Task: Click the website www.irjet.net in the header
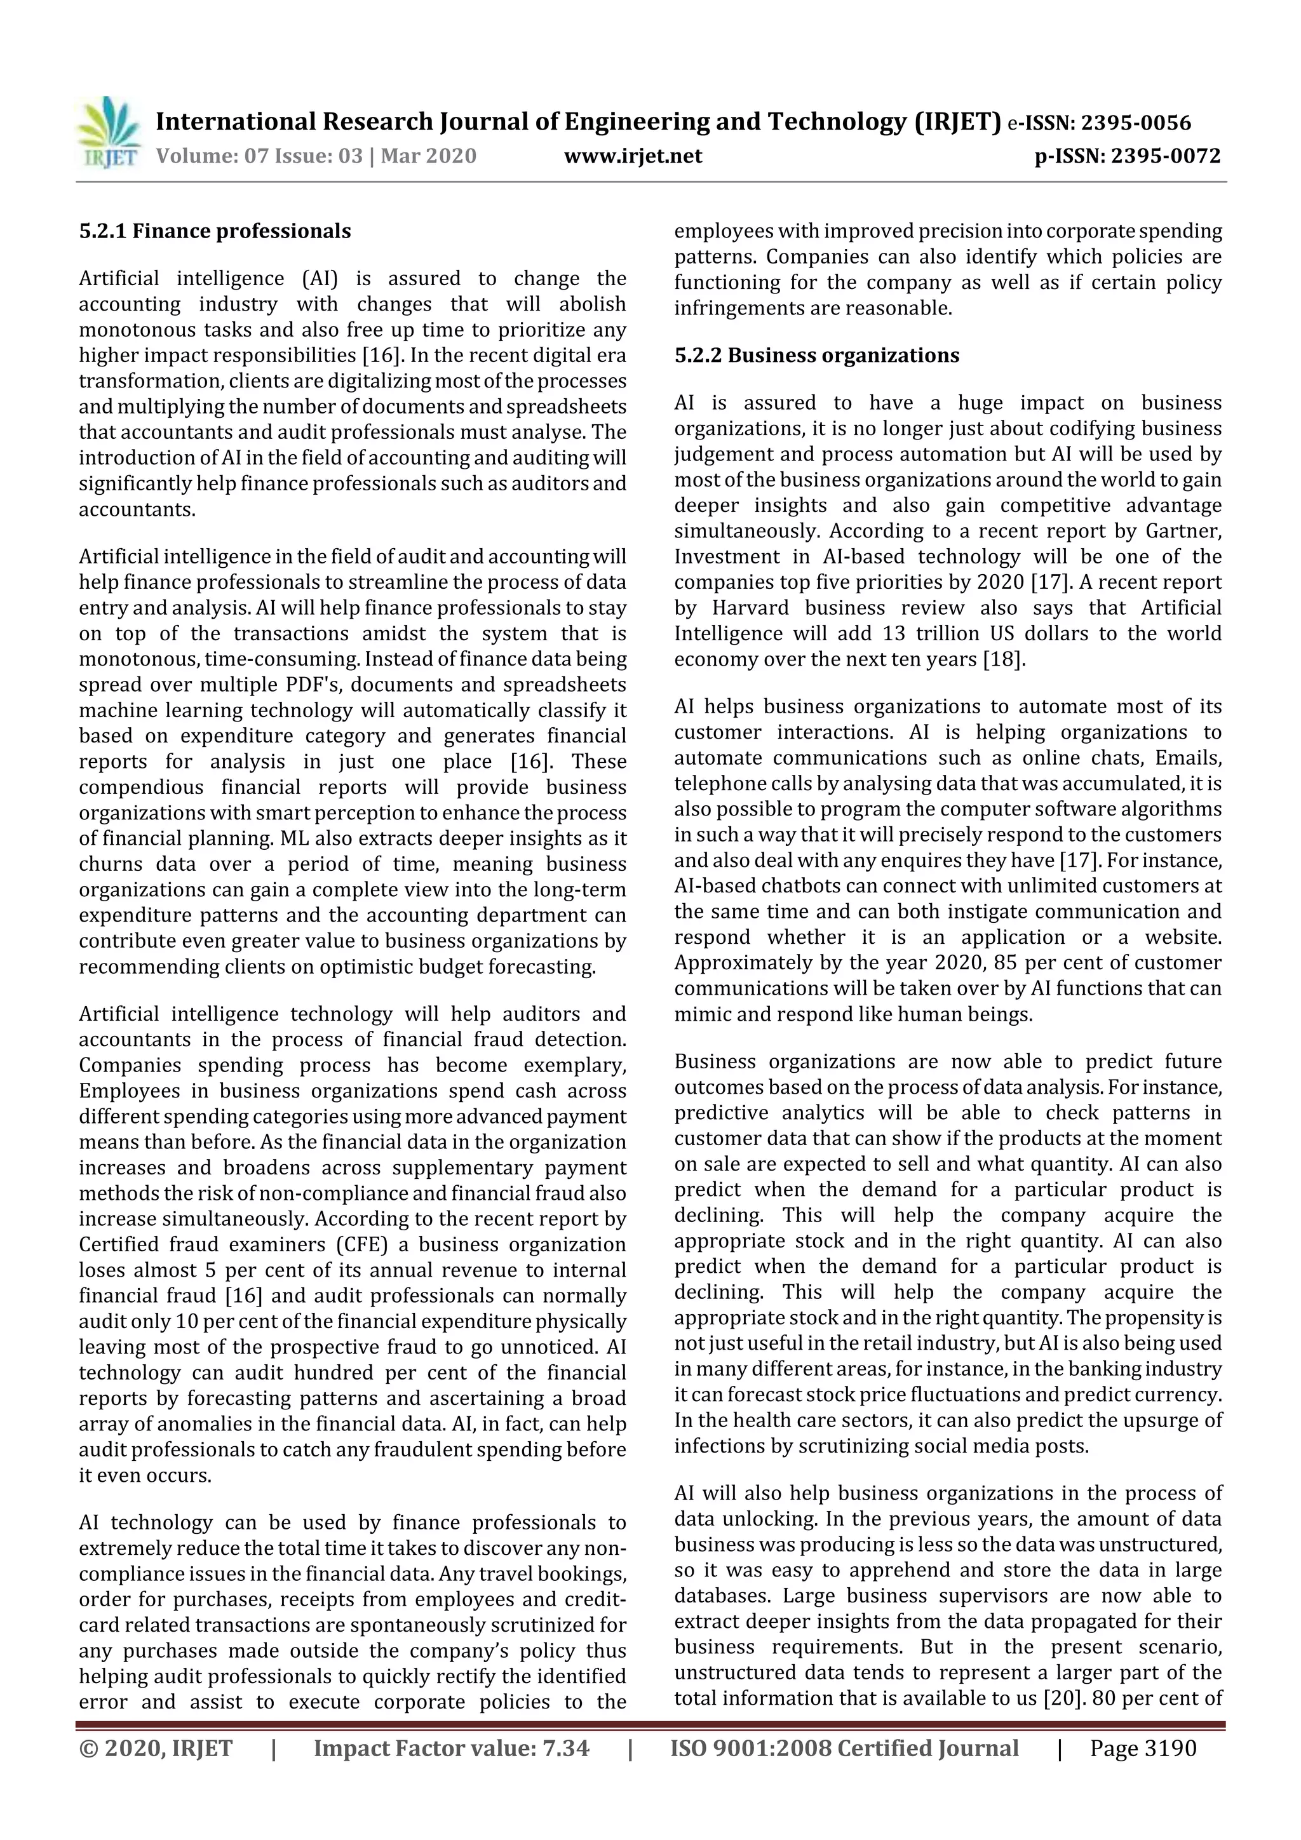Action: coord(633,156)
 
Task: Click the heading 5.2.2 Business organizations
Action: coord(816,355)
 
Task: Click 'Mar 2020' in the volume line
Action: coord(428,156)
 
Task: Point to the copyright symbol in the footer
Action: coord(88,1747)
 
